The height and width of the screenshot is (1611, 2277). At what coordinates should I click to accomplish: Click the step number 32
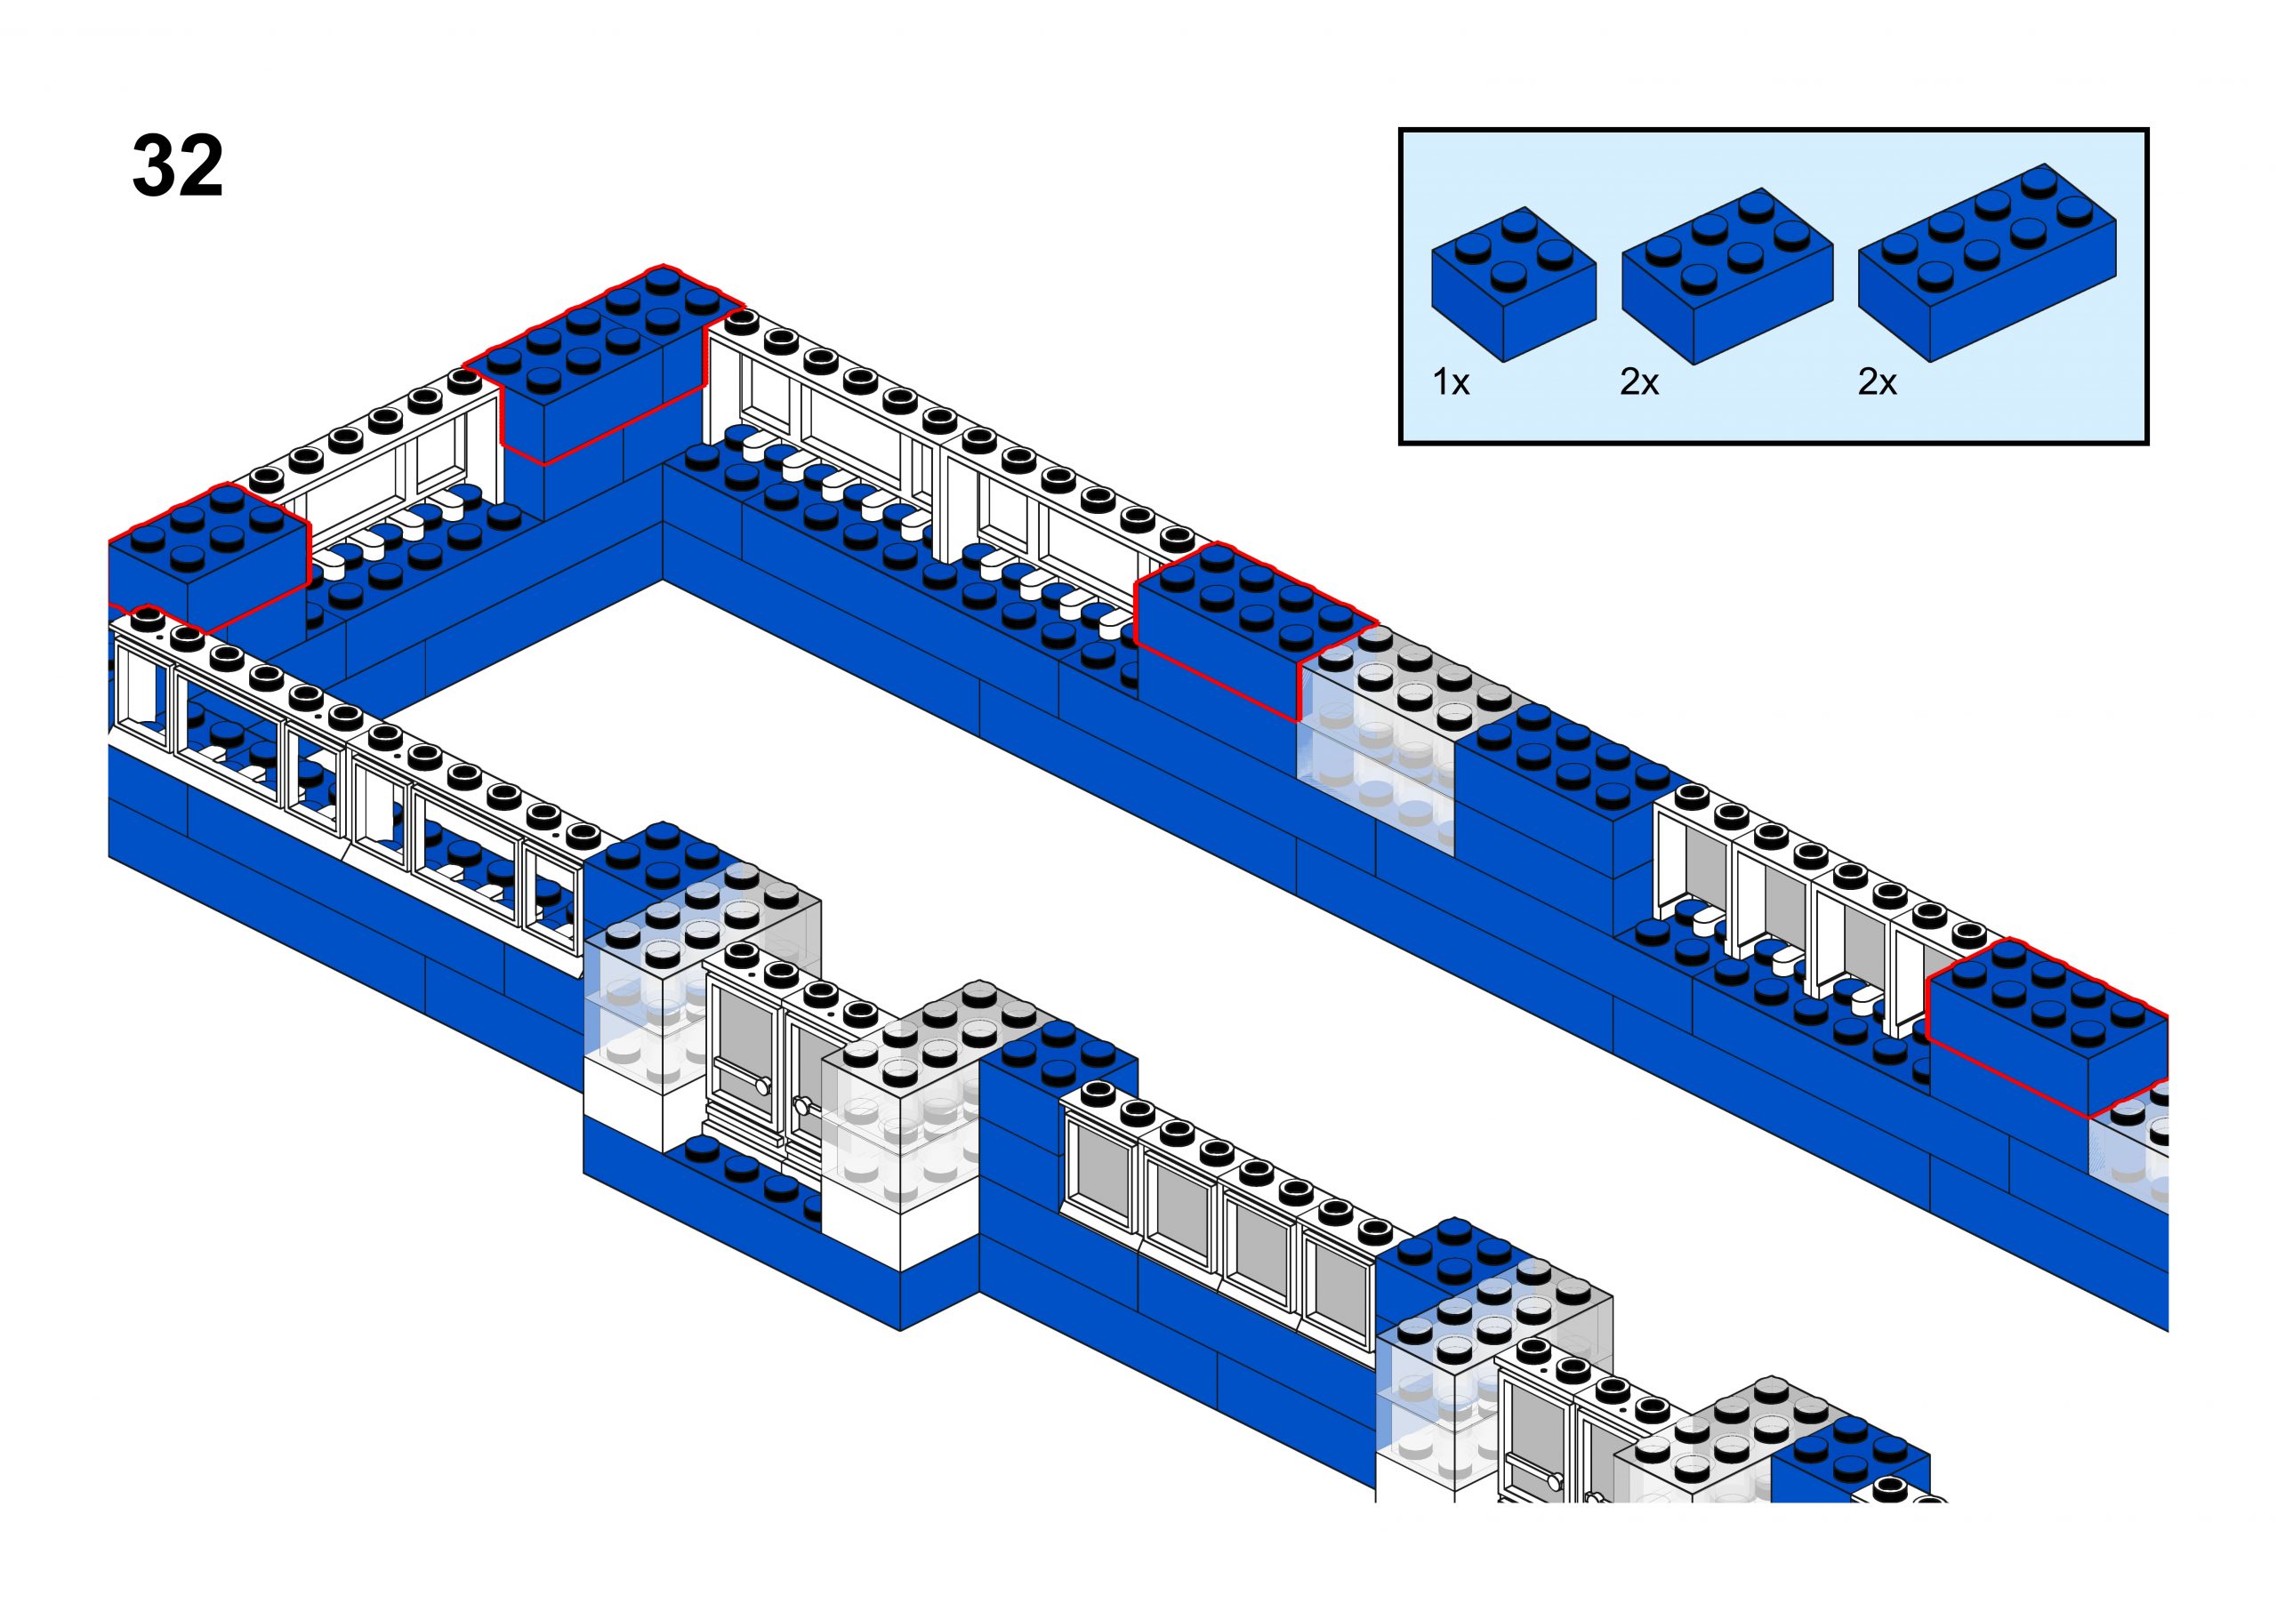(x=178, y=165)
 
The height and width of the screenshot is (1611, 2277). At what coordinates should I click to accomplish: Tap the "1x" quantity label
(x=1451, y=382)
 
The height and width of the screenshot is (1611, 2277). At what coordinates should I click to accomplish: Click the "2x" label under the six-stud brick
(x=1639, y=382)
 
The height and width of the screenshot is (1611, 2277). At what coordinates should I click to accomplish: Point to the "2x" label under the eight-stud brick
(x=1876, y=382)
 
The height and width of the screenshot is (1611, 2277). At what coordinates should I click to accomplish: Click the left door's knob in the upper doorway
(x=762, y=1086)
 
